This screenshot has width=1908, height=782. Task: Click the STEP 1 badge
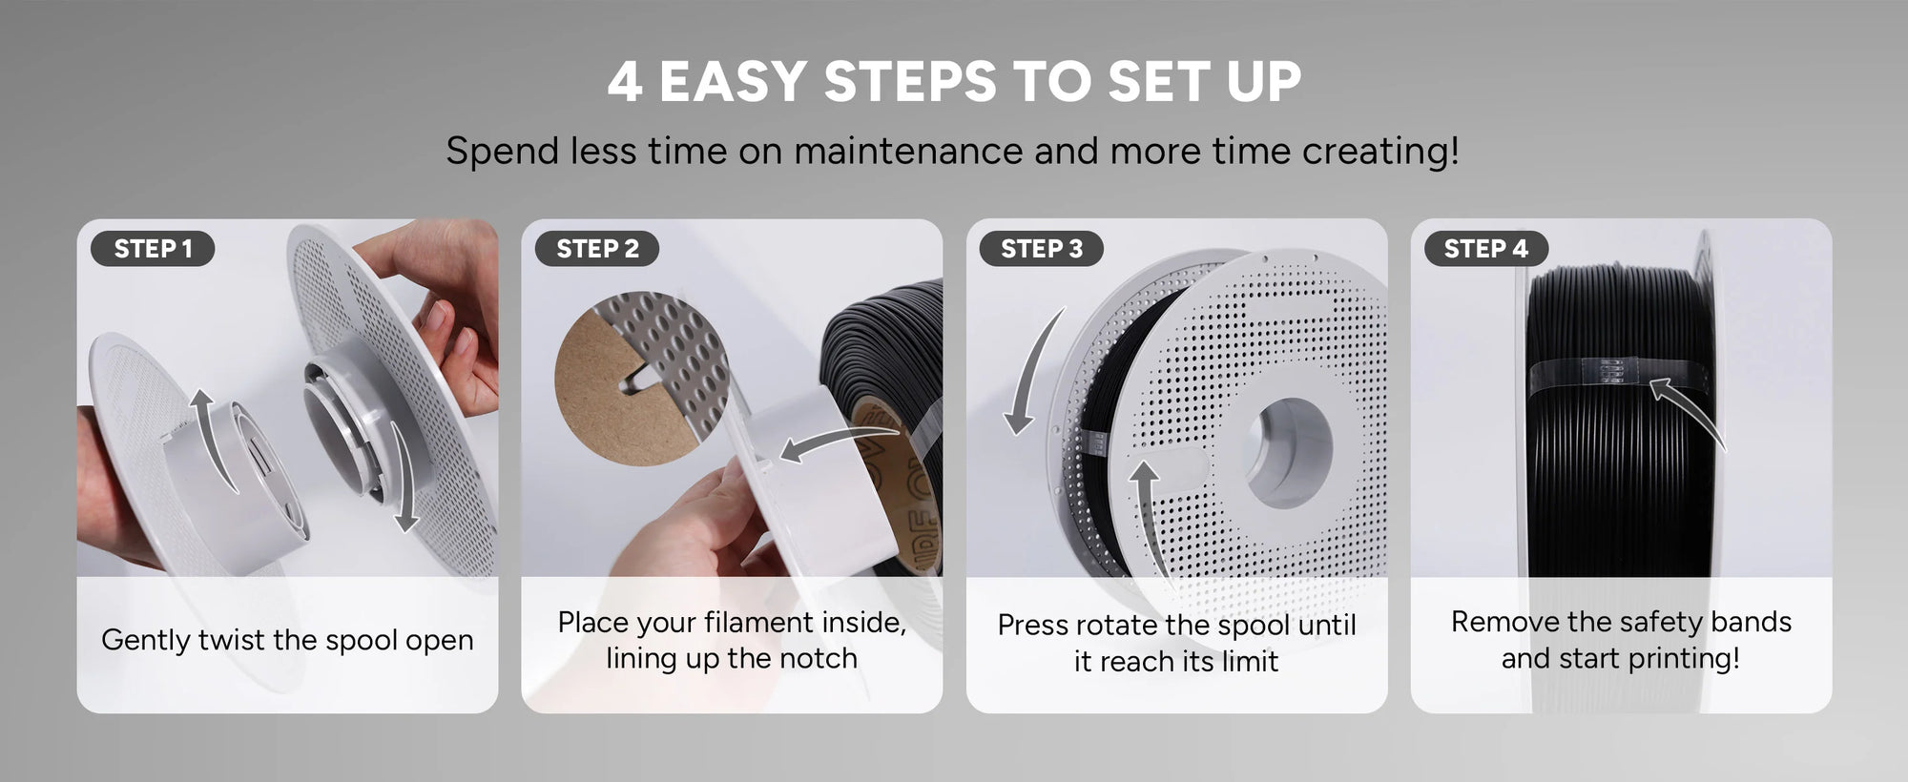point(153,249)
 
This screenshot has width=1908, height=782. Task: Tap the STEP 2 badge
point(597,249)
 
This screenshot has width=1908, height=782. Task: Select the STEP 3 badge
point(1042,249)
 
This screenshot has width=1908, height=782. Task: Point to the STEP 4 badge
point(1485,249)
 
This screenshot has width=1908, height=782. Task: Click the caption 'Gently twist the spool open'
point(287,640)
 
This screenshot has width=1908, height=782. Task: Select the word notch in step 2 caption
point(817,658)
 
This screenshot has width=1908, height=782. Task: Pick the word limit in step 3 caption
point(1250,661)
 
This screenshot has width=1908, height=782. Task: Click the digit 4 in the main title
point(624,82)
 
